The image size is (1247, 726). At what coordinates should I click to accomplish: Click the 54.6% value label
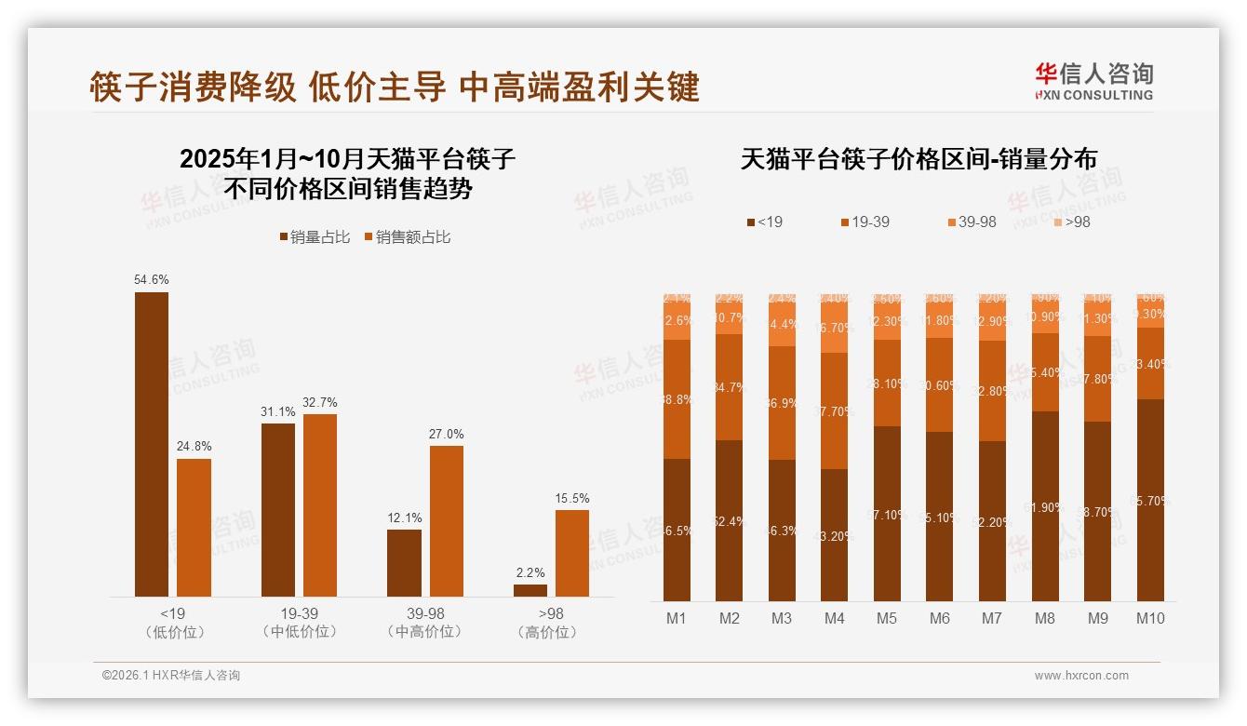(x=152, y=279)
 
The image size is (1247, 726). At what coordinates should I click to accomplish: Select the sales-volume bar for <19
(x=152, y=444)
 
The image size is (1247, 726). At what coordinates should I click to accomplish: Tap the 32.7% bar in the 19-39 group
(x=320, y=504)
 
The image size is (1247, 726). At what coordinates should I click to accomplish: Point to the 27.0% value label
(x=447, y=434)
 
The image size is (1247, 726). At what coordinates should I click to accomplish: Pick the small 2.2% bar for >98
(x=530, y=590)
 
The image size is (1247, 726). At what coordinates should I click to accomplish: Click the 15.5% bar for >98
(x=572, y=553)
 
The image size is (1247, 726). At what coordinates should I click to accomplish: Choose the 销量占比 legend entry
(x=315, y=237)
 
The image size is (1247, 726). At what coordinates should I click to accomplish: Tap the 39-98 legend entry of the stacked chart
(x=972, y=222)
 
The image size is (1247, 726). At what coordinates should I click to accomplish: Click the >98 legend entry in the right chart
(x=1071, y=222)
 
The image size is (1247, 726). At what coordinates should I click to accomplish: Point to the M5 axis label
(x=887, y=618)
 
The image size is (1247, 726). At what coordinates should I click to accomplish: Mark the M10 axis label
(x=1150, y=618)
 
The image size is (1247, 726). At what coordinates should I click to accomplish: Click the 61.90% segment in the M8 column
(x=1045, y=506)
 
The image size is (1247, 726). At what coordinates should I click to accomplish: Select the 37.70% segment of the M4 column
(x=835, y=410)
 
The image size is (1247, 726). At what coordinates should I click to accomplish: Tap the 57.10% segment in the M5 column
(x=887, y=514)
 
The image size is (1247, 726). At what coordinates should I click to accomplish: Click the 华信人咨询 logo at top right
(x=1093, y=81)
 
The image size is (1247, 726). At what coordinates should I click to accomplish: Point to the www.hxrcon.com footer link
(x=1081, y=676)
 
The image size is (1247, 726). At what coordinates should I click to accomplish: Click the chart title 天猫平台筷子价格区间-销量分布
(x=918, y=159)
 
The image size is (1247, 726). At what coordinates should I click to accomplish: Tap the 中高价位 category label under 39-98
(x=425, y=632)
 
